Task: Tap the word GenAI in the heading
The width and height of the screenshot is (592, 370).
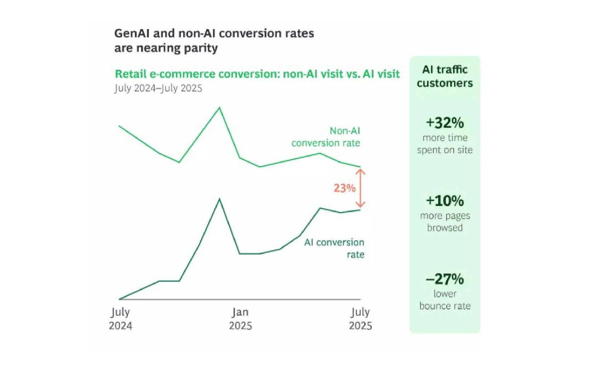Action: point(132,33)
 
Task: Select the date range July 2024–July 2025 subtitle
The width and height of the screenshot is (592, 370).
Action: point(158,88)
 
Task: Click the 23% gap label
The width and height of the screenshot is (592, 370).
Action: point(344,188)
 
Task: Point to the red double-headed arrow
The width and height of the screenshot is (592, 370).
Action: point(360,188)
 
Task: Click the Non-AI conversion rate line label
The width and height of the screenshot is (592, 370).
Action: point(326,137)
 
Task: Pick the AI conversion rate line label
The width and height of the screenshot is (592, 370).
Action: point(334,248)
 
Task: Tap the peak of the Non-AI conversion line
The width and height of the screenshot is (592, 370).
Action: point(219,107)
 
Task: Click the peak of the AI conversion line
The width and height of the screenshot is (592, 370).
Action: point(219,199)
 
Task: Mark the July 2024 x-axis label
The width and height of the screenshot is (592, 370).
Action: point(120,319)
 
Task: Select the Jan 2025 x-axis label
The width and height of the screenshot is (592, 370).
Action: point(240,319)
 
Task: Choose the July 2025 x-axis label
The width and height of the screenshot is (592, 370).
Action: point(360,319)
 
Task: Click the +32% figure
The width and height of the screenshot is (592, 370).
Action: point(445,123)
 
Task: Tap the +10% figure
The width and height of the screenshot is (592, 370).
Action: point(445,201)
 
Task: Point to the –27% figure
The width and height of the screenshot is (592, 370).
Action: point(445,279)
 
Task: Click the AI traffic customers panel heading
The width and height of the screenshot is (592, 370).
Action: point(445,76)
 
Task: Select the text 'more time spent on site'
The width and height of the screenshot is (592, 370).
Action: point(445,144)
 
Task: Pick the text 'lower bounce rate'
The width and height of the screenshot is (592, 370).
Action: point(445,300)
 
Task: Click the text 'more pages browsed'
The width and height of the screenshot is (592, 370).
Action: point(445,222)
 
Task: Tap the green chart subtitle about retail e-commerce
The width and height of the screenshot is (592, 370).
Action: point(257,74)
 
